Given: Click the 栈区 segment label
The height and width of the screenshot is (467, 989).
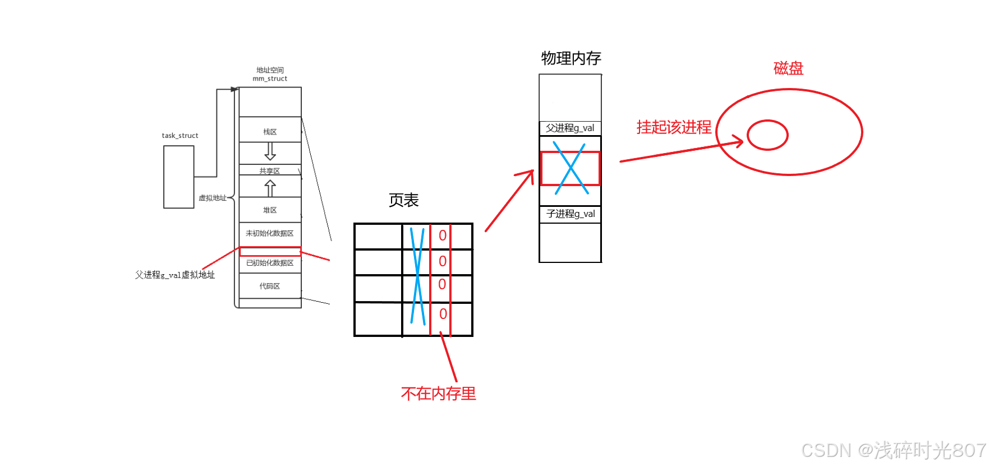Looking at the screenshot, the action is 270,132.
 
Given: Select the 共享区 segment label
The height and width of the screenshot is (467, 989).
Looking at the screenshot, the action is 269,171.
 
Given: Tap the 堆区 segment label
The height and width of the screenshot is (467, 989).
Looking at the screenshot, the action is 270,210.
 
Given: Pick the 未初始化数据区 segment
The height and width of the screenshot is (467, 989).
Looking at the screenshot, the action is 270,233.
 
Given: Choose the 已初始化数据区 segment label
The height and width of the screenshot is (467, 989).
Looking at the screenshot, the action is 270,263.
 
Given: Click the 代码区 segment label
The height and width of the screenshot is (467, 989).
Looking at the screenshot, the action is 270,286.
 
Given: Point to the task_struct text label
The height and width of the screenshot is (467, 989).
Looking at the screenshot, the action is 180,136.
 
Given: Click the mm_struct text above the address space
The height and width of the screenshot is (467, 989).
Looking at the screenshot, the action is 270,79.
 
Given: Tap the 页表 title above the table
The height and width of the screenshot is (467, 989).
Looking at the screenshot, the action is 404,200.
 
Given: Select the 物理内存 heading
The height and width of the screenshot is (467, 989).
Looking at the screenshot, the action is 571,58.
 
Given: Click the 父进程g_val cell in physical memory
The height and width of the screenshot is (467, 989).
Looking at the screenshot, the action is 570,128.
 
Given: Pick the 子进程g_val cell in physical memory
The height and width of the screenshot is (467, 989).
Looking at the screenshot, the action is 571,214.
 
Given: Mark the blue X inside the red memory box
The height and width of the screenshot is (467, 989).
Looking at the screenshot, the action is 571,168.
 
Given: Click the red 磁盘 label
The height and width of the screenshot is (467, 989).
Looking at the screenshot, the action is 788,68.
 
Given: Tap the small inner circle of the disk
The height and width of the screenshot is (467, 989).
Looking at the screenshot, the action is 767,135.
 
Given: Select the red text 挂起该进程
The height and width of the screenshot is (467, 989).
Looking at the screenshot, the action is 674,127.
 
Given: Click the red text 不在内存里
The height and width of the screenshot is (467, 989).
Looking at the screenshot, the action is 439,394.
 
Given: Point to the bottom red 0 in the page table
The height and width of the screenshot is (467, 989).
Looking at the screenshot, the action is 443,314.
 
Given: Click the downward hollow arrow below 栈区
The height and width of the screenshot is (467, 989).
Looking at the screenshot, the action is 270,151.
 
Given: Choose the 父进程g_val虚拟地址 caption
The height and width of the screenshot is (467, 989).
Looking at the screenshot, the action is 175,275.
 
